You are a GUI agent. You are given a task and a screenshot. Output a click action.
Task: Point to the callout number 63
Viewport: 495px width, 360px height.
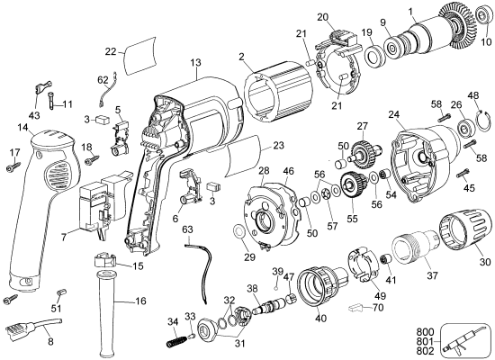[187, 230]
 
